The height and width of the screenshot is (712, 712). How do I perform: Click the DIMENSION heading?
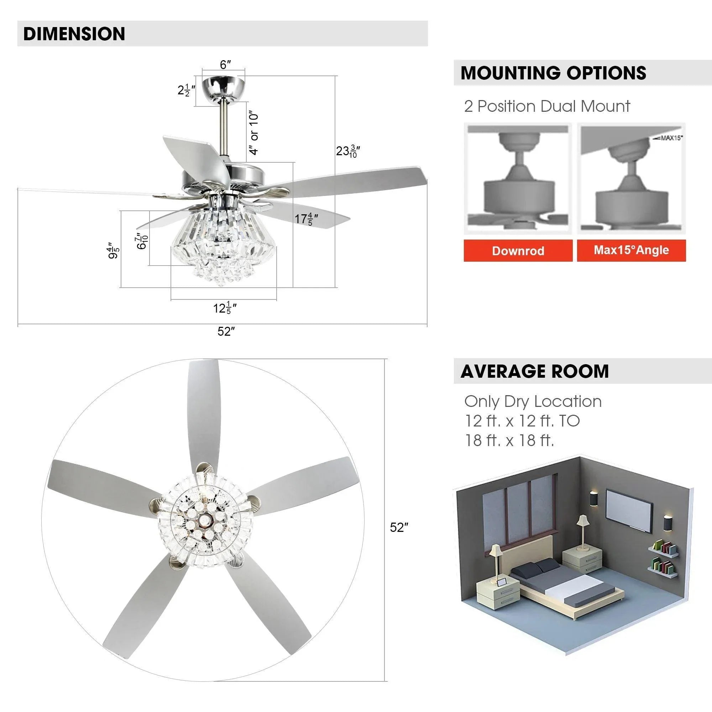(74, 33)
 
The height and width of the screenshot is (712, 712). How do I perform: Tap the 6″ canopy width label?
(225, 65)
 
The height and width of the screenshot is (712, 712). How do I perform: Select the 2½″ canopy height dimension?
(186, 90)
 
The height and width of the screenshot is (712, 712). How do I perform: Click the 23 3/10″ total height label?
(347, 151)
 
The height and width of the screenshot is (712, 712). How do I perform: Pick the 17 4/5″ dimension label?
(306, 219)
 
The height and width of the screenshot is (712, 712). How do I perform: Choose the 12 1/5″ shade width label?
(224, 308)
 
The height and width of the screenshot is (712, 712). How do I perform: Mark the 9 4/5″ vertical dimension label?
(114, 250)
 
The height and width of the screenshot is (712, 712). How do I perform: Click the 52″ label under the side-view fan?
(226, 332)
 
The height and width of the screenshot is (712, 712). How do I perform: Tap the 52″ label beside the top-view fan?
(399, 528)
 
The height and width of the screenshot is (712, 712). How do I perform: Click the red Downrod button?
(518, 251)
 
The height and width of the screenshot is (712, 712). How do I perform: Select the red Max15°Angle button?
(631, 250)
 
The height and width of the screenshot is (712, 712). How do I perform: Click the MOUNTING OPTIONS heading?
(553, 73)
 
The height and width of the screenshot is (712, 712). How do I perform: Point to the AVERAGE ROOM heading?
(534, 371)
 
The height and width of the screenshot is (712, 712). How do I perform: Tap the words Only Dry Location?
(533, 401)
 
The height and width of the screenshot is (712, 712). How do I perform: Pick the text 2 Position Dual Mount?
(547, 106)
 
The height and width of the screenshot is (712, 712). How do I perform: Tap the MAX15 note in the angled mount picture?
(670, 138)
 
